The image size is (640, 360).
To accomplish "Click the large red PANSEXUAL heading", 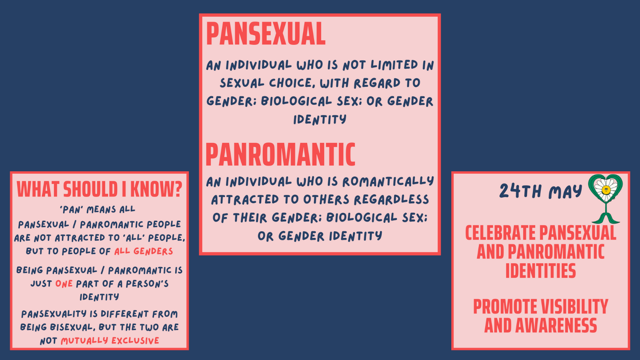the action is coord(266,34).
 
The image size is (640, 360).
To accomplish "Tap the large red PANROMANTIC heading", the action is coord(280,154).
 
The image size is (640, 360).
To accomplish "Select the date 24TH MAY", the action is coord(540,191).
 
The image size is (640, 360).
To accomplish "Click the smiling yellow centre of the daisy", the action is coord(606,190).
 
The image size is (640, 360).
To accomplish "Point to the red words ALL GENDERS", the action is coord(144,251).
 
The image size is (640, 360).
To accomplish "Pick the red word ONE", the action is coord(64,284).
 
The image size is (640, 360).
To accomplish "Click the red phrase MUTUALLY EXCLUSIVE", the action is coord(110,340).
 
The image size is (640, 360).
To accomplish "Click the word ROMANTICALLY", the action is coord(388,182).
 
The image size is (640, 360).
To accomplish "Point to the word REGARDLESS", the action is coord(392,200).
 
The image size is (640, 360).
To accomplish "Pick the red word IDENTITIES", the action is coord(540,271).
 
